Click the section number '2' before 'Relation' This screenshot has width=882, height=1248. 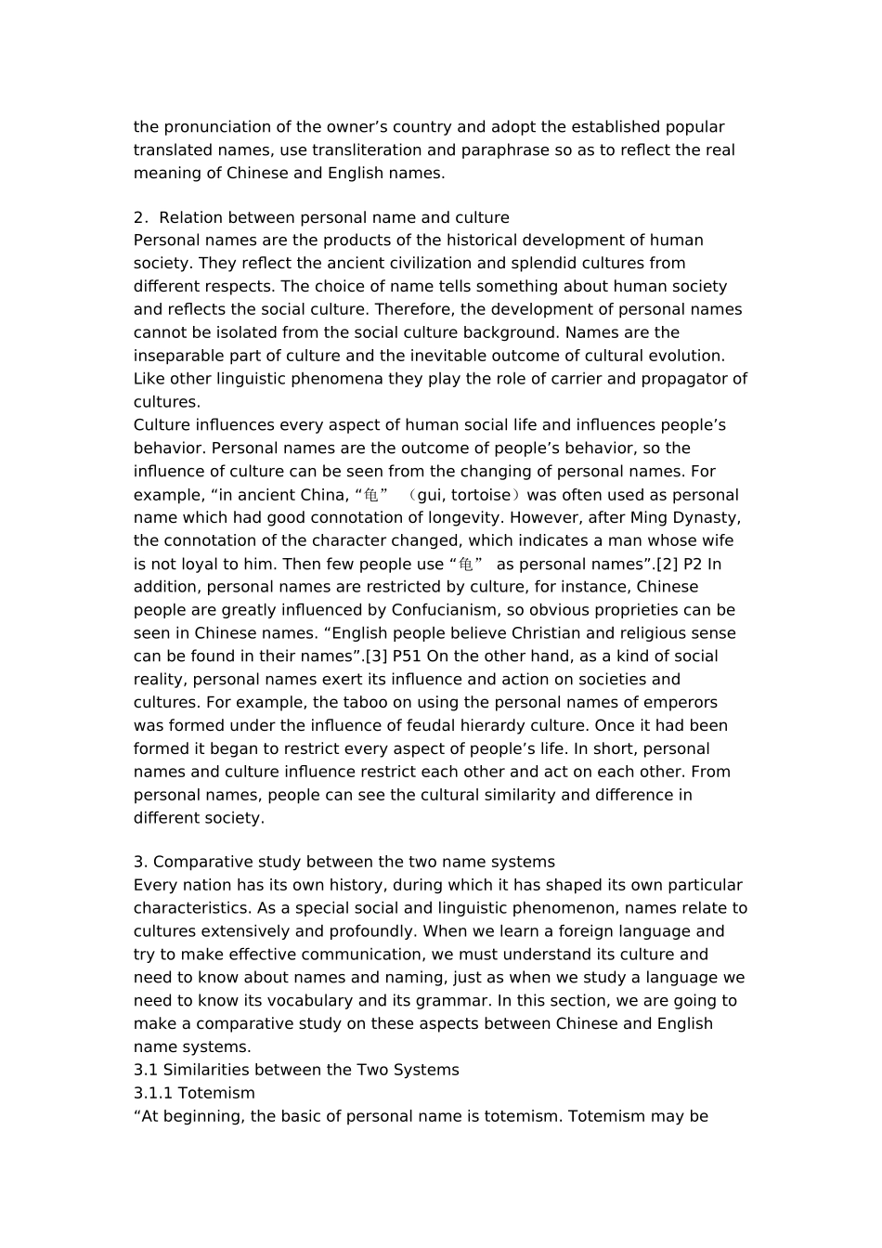tap(138, 218)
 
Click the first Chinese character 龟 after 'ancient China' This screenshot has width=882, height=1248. tap(371, 495)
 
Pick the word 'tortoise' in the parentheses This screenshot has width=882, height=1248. tap(481, 495)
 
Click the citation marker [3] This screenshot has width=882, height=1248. tap(375, 656)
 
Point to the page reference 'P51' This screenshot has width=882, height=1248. tap(409, 656)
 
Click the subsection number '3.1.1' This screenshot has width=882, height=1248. tap(152, 1094)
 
